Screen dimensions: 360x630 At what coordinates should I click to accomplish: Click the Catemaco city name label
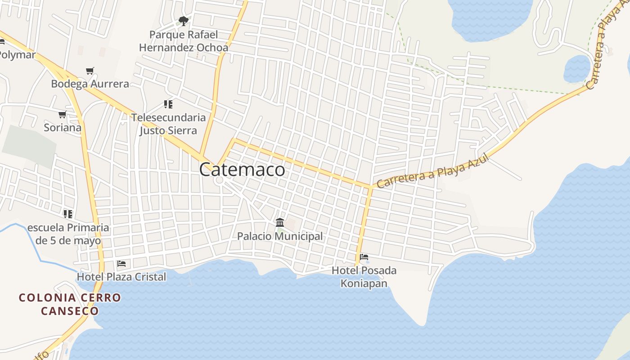[x=242, y=170]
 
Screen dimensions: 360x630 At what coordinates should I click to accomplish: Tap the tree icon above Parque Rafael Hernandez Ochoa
[x=183, y=21]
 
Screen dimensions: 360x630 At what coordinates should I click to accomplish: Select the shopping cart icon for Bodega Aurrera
[x=90, y=71]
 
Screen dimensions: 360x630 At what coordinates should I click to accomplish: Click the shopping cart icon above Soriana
[x=63, y=115]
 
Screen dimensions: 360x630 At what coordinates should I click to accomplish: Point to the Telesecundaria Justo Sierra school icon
[x=168, y=105]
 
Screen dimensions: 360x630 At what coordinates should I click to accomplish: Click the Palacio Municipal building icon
[x=280, y=223]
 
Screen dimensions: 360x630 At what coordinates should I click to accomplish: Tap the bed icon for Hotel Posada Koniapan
[x=364, y=257]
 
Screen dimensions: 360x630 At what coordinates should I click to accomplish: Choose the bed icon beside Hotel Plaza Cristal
[x=121, y=264]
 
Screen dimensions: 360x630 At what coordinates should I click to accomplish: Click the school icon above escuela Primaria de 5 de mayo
[x=68, y=214]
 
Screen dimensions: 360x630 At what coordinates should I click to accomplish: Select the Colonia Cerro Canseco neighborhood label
[x=70, y=304]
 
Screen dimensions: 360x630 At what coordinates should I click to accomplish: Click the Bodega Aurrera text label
[x=90, y=84]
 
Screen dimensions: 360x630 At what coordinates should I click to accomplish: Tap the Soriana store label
[x=63, y=128]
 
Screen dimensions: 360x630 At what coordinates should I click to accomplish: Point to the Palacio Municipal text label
[x=280, y=236]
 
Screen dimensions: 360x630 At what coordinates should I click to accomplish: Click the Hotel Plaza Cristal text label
[x=121, y=277]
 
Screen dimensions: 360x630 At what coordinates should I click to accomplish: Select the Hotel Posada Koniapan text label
[x=364, y=277]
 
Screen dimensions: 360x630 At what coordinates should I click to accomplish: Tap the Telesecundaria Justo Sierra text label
[x=168, y=124]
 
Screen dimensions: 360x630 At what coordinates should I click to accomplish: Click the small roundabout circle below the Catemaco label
[x=220, y=180]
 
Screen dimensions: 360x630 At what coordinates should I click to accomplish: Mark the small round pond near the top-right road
[x=576, y=69]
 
